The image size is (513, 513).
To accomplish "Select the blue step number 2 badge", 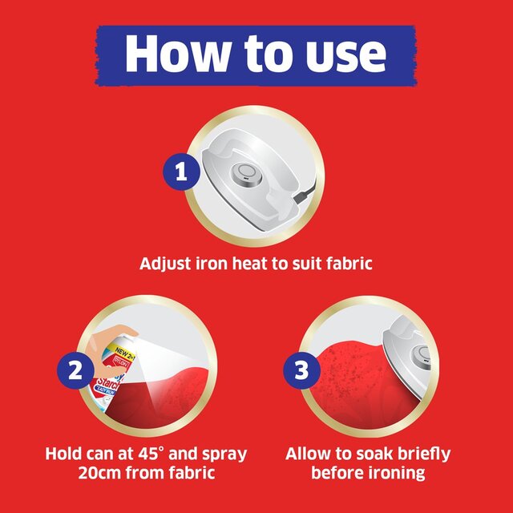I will [x=75, y=371].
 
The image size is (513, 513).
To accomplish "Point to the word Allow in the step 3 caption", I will [x=309, y=454].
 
